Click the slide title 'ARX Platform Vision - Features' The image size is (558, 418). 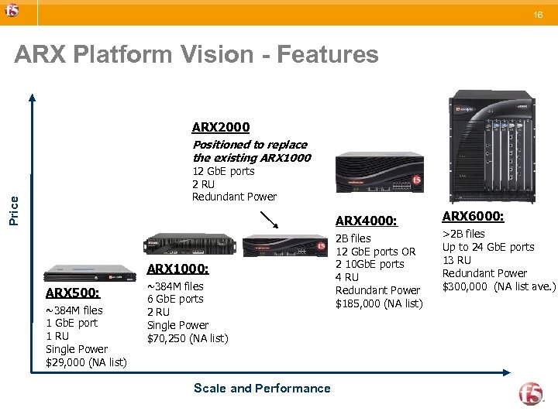coord(197,55)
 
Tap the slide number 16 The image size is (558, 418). coord(536,14)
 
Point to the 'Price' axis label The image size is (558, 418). coord(13,210)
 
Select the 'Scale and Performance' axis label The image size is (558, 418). coord(262,389)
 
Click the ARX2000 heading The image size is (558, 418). coord(221,127)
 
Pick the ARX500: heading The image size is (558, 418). coord(72,293)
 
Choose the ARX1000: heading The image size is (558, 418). coord(177,269)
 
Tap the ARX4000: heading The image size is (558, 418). coord(366,221)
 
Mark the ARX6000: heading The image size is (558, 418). coord(473,216)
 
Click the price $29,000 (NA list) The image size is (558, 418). coord(86,362)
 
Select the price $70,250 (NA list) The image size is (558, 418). coord(188,338)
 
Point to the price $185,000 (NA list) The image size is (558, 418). coord(379,303)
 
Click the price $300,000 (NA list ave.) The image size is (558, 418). coord(498,286)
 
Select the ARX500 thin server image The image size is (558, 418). coord(80,273)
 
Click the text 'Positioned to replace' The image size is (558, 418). coord(250,145)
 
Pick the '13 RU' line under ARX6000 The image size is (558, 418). coord(456,260)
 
